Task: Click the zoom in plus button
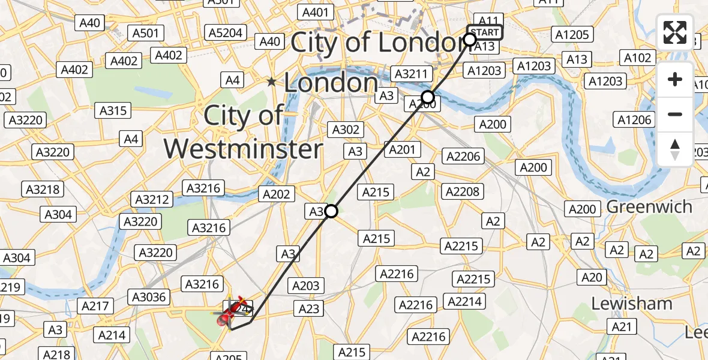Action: click(x=675, y=79)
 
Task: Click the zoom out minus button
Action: click(x=675, y=114)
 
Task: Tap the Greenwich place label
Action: click(x=649, y=206)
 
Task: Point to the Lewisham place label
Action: click(x=632, y=304)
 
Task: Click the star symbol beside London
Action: click(x=272, y=82)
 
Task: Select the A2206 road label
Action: click(x=462, y=157)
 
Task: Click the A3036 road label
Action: click(x=149, y=296)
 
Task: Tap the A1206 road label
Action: click(x=635, y=120)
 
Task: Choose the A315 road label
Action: click(x=112, y=110)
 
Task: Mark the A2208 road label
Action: click(x=462, y=191)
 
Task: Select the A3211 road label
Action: click(x=412, y=74)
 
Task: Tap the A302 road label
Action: click(x=346, y=129)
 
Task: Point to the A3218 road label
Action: click(x=43, y=190)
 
